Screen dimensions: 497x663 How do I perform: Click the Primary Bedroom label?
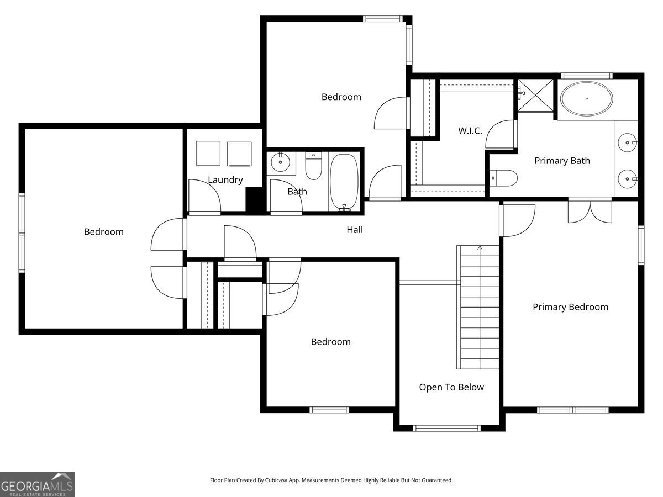click(570, 307)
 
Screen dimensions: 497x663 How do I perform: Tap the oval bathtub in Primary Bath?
click(586, 100)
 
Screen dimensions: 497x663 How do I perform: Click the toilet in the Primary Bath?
click(505, 178)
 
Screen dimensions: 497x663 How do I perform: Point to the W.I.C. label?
click(470, 131)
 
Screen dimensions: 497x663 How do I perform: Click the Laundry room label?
click(225, 179)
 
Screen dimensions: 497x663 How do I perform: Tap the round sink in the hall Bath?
click(281, 162)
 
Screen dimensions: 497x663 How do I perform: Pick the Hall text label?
click(355, 230)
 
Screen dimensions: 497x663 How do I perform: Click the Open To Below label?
click(451, 387)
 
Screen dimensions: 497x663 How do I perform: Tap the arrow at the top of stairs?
click(480, 248)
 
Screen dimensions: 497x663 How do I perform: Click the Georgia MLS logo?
click(37, 484)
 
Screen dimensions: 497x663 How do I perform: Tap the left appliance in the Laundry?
click(208, 153)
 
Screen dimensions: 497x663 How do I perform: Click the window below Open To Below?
click(447, 428)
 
